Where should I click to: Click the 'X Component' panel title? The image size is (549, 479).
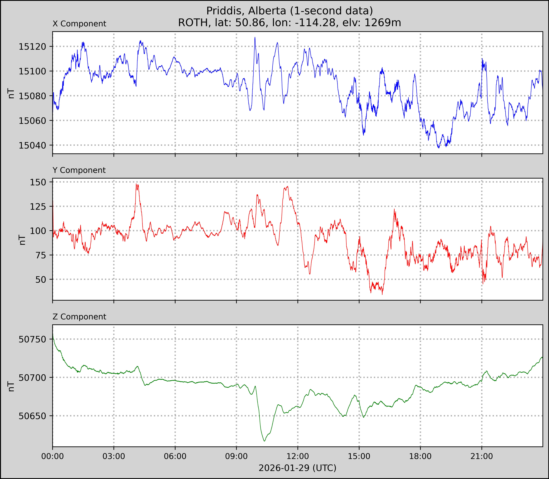[x=79, y=24]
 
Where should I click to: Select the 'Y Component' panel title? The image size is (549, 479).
[x=79, y=170]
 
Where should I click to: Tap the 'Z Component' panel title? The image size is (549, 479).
[x=79, y=317]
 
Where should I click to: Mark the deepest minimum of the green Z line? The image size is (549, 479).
[x=264, y=441]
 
